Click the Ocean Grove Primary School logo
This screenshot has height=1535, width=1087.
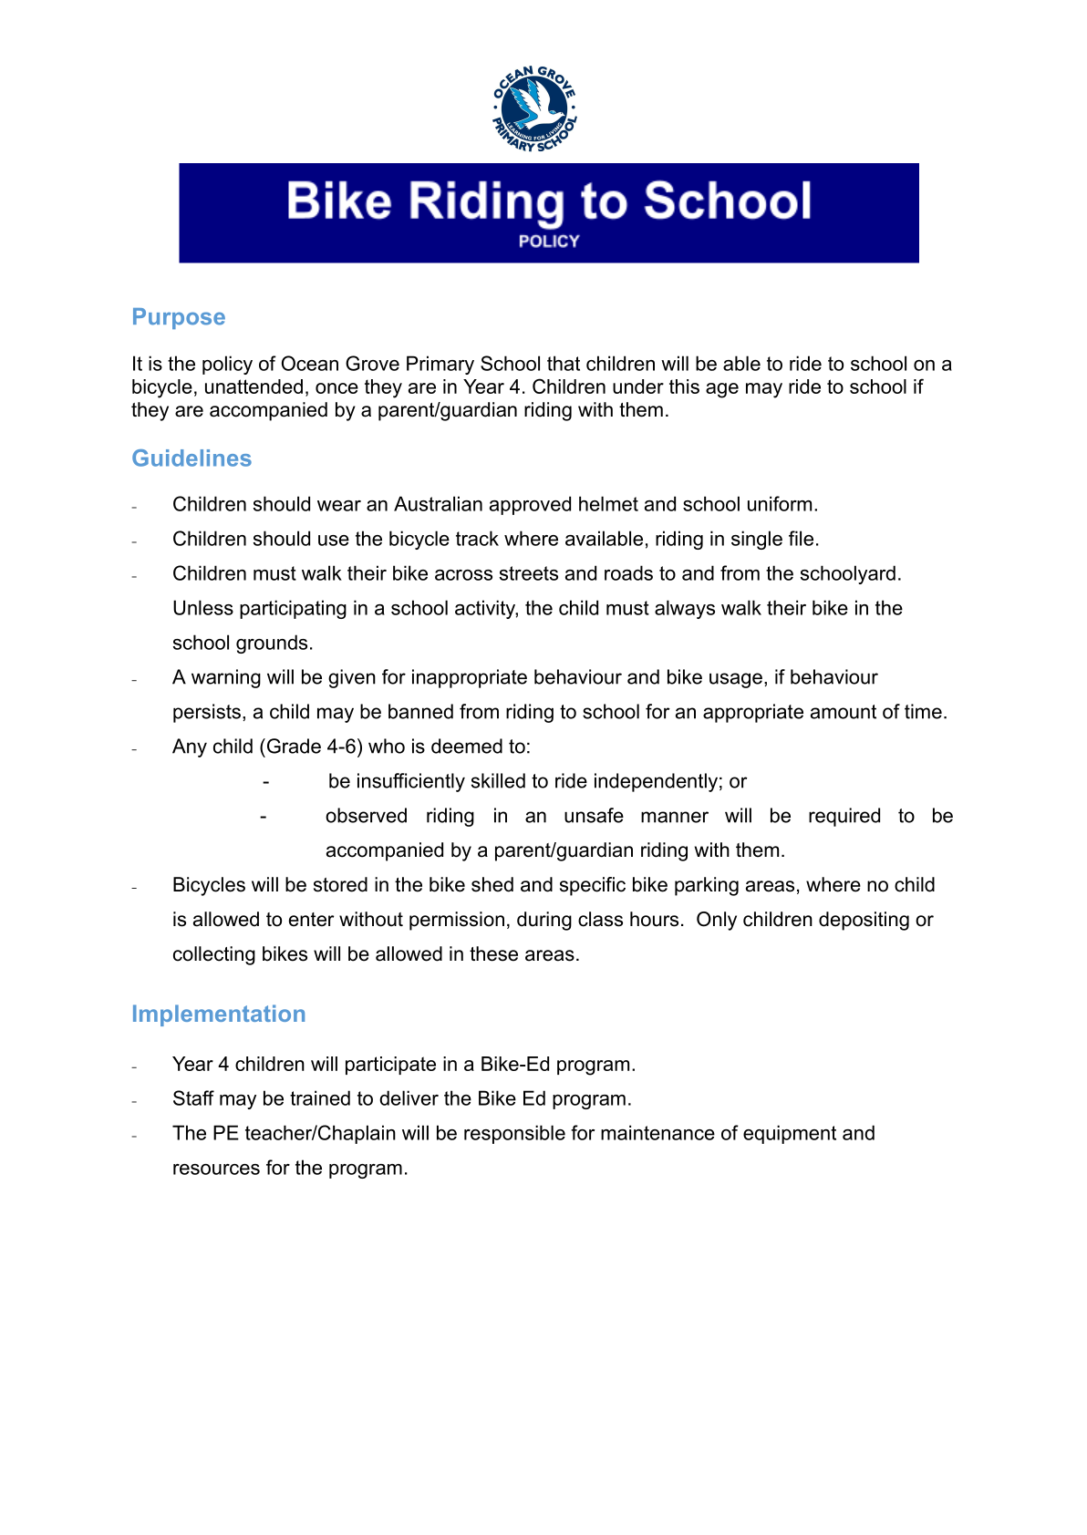tap(534, 108)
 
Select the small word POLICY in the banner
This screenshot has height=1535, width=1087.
tap(549, 242)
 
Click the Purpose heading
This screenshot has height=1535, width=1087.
tap(179, 317)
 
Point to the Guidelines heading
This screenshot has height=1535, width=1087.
tap(192, 458)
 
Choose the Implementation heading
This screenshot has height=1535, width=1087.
tap(219, 1015)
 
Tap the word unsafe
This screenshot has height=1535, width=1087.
tap(594, 817)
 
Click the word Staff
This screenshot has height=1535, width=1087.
tap(192, 1099)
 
